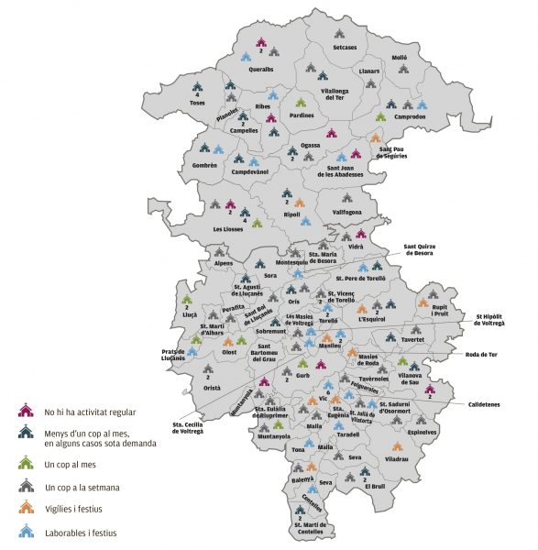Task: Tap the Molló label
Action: [x=399, y=58]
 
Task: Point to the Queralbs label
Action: [x=261, y=68]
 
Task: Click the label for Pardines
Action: [x=302, y=115]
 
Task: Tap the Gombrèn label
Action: [x=204, y=165]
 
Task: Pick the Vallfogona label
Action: [x=348, y=212]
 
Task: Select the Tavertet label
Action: [x=413, y=339]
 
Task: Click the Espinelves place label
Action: [x=423, y=431]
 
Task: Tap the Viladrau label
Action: [x=397, y=456]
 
